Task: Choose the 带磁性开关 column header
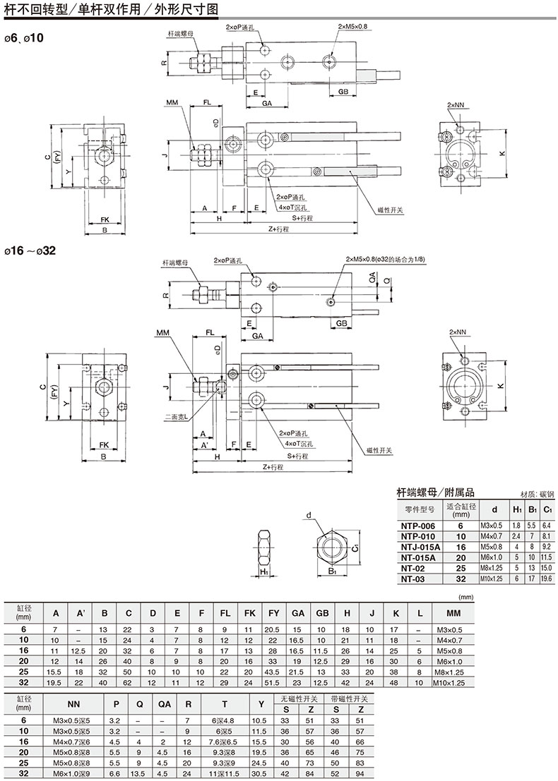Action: (x=351, y=698)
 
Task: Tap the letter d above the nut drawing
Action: (x=309, y=516)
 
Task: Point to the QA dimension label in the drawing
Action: (x=372, y=280)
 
